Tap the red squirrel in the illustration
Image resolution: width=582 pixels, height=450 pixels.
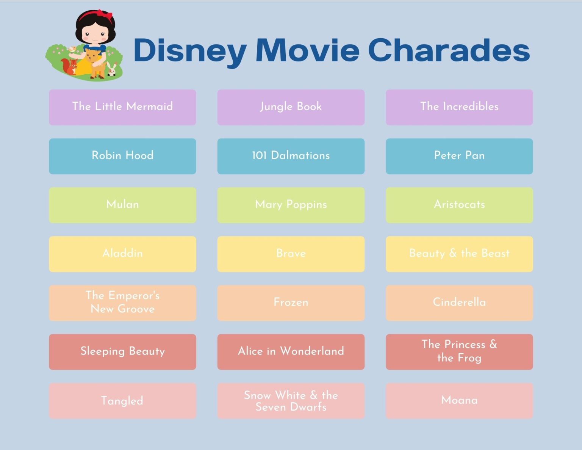point(70,66)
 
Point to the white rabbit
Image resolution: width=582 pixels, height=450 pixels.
point(111,69)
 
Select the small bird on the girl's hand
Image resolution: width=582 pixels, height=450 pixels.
point(71,49)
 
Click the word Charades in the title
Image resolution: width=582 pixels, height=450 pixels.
point(449,50)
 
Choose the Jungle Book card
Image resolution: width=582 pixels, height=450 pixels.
point(291,107)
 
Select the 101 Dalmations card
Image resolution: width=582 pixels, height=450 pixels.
point(291,156)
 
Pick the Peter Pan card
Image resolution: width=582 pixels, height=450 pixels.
point(459,156)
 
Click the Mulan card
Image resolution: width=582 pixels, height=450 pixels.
point(122,205)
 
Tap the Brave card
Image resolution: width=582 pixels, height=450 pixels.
point(291,254)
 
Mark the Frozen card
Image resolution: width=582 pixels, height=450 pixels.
point(291,303)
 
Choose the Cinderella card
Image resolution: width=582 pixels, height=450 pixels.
point(459,303)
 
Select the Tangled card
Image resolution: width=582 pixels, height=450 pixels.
point(122,401)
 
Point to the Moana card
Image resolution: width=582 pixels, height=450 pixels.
point(459,400)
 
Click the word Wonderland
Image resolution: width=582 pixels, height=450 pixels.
point(312,351)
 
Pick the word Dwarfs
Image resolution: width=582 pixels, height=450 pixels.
point(308,407)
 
